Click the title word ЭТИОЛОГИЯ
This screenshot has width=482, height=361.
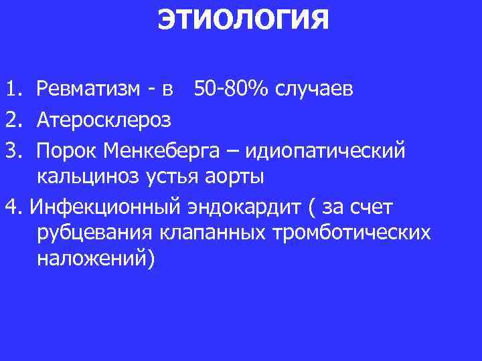pos(243,19)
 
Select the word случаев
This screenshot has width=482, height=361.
pos(311,89)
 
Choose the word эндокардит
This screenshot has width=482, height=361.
pos(242,208)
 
